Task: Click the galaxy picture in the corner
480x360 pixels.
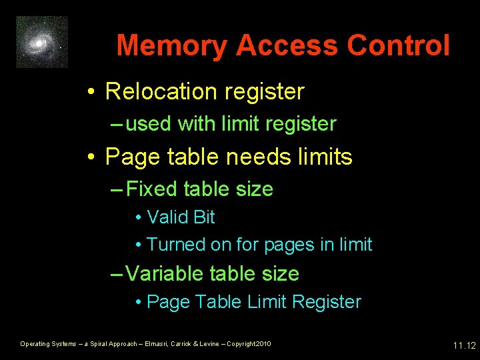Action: pyautogui.click(x=42, y=42)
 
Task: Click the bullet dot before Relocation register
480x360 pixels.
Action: pyautogui.click(x=91, y=92)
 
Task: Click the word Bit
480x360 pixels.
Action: pyautogui.click(x=203, y=217)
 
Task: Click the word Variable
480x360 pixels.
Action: pyautogui.click(x=166, y=273)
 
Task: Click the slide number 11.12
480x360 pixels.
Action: pyautogui.click(x=464, y=345)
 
